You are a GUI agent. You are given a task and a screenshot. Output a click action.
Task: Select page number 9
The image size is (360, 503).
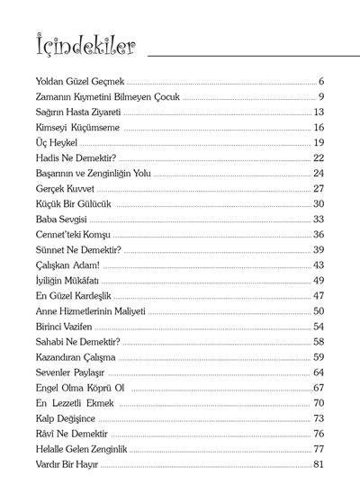point(320,96)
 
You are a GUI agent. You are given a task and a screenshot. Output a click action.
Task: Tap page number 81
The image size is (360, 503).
point(318,464)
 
